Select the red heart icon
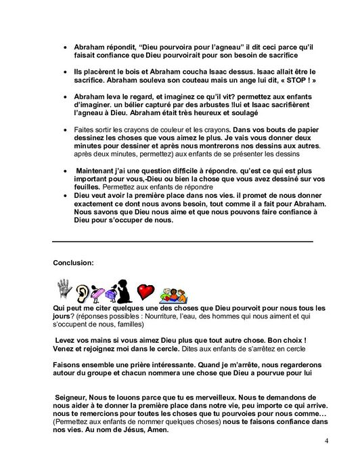(145, 292)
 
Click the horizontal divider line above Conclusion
(183, 240)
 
